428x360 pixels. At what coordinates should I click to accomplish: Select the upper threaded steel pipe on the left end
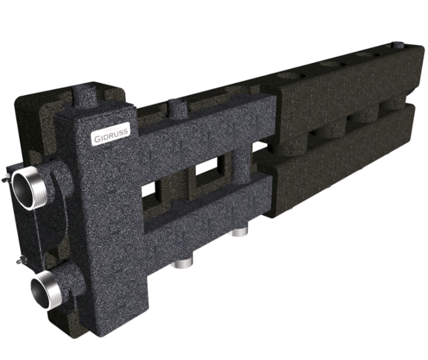coord(26,190)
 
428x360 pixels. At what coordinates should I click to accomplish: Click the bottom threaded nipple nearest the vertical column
coord(183,264)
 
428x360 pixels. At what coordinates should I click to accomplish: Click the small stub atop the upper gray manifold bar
coord(178,107)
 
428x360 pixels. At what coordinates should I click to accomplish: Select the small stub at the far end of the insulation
coord(398,45)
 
